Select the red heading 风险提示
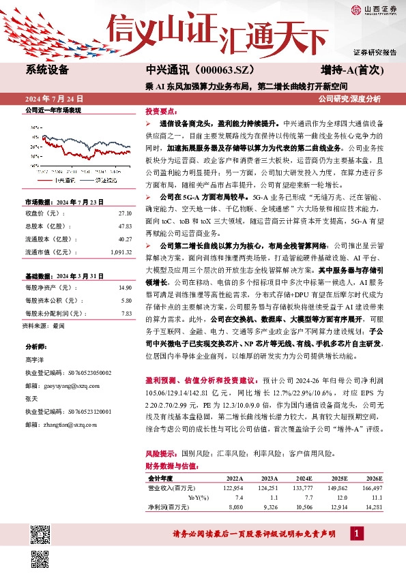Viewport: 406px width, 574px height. tap(162, 453)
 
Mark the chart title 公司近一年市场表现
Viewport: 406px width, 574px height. tap(53, 110)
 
